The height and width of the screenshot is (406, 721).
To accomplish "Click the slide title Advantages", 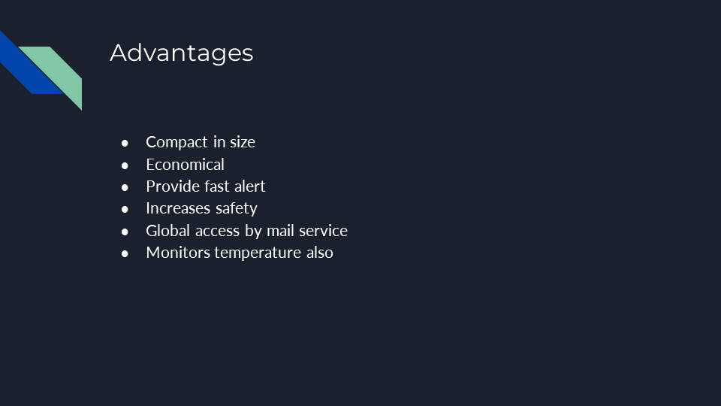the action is click(182, 53).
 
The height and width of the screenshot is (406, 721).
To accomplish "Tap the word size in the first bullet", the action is click(243, 142).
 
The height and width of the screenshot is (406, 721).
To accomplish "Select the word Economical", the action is click(186, 165).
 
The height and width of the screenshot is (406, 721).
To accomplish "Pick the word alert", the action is click(249, 186).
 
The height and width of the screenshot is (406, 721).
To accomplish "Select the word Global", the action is click(168, 230).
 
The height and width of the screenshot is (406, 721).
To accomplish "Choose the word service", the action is click(323, 230).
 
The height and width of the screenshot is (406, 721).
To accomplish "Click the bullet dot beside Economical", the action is click(125, 165).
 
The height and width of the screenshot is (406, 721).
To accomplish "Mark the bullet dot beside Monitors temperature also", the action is click(125, 253).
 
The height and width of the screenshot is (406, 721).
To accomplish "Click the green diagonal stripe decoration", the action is click(55, 74).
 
